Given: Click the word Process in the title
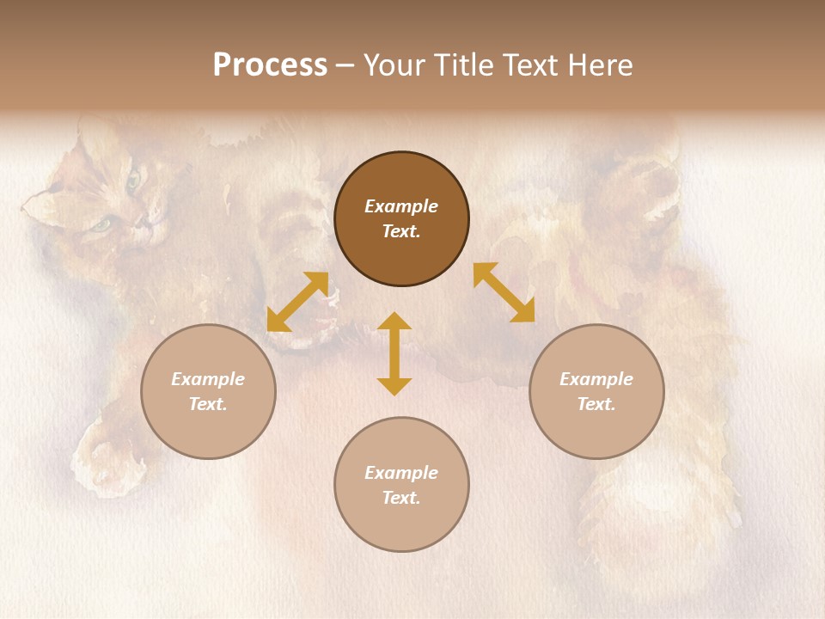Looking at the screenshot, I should pos(270,65).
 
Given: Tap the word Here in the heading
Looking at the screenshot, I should pos(599,65).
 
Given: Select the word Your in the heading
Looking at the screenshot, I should pos(394,65).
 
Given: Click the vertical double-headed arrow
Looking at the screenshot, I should pos(394,353).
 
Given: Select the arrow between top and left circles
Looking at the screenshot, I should pos(297,302).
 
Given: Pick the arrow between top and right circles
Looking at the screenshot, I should pos(504,292).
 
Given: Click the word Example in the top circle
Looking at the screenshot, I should pos(401,206).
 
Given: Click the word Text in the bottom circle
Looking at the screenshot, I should pos(401,498).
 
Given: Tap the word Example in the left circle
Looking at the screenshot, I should pos(208,379).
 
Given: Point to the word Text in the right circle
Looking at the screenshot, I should pos(596,404).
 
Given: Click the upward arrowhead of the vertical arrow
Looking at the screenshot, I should pos(394,320).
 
